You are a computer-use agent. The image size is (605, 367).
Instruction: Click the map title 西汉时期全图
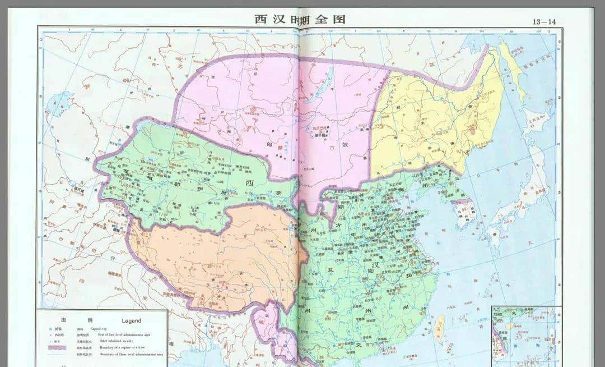[300, 19]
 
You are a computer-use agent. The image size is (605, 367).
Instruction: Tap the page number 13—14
[544, 22]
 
